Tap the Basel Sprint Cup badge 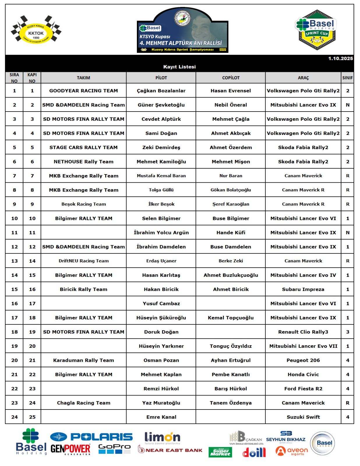(316, 30)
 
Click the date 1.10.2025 (340, 59)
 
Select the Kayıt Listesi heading (179, 67)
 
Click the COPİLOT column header (231, 78)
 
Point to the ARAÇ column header (303, 78)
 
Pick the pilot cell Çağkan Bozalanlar (161, 91)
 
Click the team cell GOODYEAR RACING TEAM (84, 91)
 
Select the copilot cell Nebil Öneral (231, 105)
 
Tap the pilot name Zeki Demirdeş (161, 147)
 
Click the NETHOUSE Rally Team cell (84, 162)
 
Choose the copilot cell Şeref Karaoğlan (231, 204)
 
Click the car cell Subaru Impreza (303, 289)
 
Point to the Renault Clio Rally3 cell (303, 332)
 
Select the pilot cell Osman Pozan (161, 360)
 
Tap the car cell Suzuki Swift (303, 417)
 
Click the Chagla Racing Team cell (84, 403)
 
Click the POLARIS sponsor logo (91, 437)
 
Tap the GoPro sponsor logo (114, 449)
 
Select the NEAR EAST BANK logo (170, 450)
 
